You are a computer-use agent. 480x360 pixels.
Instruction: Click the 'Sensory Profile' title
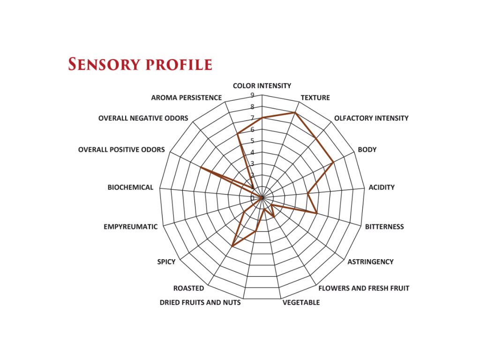pyautogui.click(x=140, y=64)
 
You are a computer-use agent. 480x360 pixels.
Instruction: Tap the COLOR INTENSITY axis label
pyautogui.click(x=262, y=86)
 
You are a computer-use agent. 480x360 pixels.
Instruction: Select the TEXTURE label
pyautogui.click(x=315, y=98)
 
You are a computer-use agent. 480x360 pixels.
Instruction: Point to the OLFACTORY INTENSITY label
pyautogui.click(x=371, y=118)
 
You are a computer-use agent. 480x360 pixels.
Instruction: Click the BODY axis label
pyautogui.click(x=367, y=150)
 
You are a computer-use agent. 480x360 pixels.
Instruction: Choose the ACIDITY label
pyautogui.click(x=382, y=187)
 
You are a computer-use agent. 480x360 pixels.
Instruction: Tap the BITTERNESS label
pyautogui.click(x=384, y=227)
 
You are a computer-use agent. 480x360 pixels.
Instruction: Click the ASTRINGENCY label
pyautogui.click(x=370, y=262)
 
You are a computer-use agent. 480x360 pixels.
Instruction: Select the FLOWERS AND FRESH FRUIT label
pyautogui.click(x=364, y=288)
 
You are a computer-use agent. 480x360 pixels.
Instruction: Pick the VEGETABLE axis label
pyautogui.click(x=301, y=302)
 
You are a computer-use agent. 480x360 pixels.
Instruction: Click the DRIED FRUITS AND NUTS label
pyautogui.click(x=200, y=302)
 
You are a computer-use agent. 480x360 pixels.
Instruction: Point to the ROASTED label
pyautogui.click(x=188, y=288)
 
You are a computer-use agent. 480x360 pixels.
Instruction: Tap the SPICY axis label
pyautogui.click(x=166, y=262)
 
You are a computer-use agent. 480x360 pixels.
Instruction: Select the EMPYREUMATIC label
pyautogui.click(x=131, y=227)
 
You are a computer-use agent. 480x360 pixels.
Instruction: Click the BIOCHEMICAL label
pyautogui.click(x=130, y=187)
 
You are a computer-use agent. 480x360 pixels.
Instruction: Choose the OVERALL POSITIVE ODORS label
pyautogui.click(x=121, y=150)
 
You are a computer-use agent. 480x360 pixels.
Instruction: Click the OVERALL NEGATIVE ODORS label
pyautogui.click(x=143, y=118)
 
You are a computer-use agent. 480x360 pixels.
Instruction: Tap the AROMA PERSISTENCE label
pyautogui.click(x=186, y=98)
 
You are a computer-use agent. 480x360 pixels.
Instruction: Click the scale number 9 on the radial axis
pyautogui.click(x=252, y=95)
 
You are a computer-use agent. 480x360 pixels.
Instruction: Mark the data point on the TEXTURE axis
pyautogui.click(x=295, y=112)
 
